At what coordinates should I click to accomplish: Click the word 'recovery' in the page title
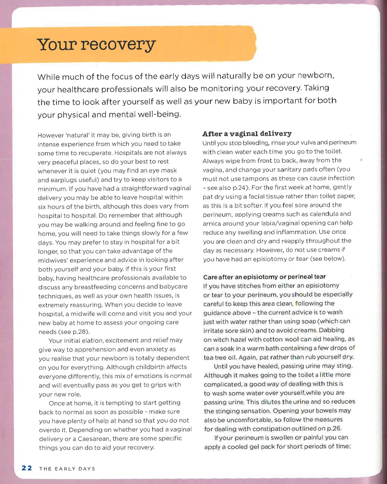click(x=118, y=45)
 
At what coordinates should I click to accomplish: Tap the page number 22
click(x=27, y=468)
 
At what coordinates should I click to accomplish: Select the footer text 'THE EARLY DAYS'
click(x=67, y=468)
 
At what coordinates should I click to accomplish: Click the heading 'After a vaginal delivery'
click(x=247, y=134)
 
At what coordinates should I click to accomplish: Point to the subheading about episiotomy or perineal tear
click(x=264, y=277)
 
